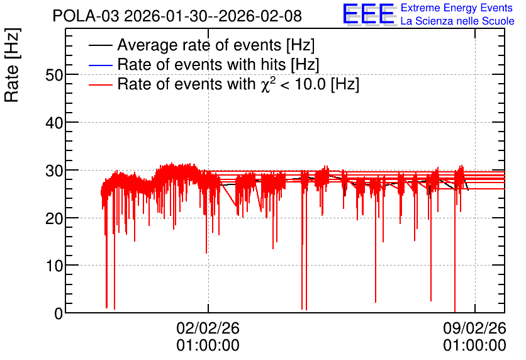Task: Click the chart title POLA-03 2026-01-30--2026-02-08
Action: (177, 16)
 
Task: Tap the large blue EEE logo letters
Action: (368, 14)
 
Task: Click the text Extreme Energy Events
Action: (457, 8)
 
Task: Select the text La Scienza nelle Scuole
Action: (457, 21)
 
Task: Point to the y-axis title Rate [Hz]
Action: (12, 65)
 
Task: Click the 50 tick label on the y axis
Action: (54, 75)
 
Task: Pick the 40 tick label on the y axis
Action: (54, 123)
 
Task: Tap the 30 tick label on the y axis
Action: (54, 171)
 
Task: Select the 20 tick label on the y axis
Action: (54, 218)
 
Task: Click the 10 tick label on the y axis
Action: (54, 266)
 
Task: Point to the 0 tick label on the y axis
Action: (59, 313)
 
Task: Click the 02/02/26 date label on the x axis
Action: (208, 328)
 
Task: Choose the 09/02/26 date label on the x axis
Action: (474, 328)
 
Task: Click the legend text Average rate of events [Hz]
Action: (216, 45)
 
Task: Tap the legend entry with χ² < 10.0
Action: (238, 84)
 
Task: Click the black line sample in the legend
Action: (100, 45)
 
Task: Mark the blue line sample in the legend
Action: (100, 65)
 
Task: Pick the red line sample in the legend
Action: (100, 84)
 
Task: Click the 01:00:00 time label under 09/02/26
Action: (474, 346)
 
